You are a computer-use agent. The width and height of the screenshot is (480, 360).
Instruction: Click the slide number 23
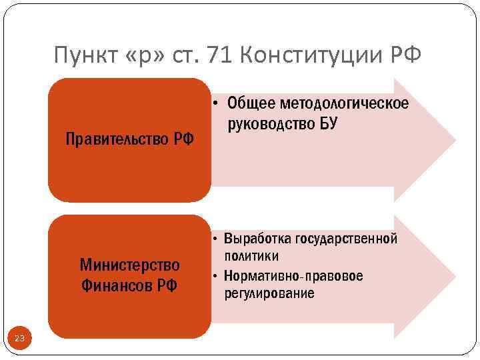tap(19, 339)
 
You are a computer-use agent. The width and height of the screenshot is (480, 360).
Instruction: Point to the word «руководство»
tap(269, 123)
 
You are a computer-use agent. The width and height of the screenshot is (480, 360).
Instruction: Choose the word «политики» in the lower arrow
tap(251, 256)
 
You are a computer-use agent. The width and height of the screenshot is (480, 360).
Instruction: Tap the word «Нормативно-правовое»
tap(294, 275)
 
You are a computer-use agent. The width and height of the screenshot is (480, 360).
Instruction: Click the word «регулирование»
tap(269, 293)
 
